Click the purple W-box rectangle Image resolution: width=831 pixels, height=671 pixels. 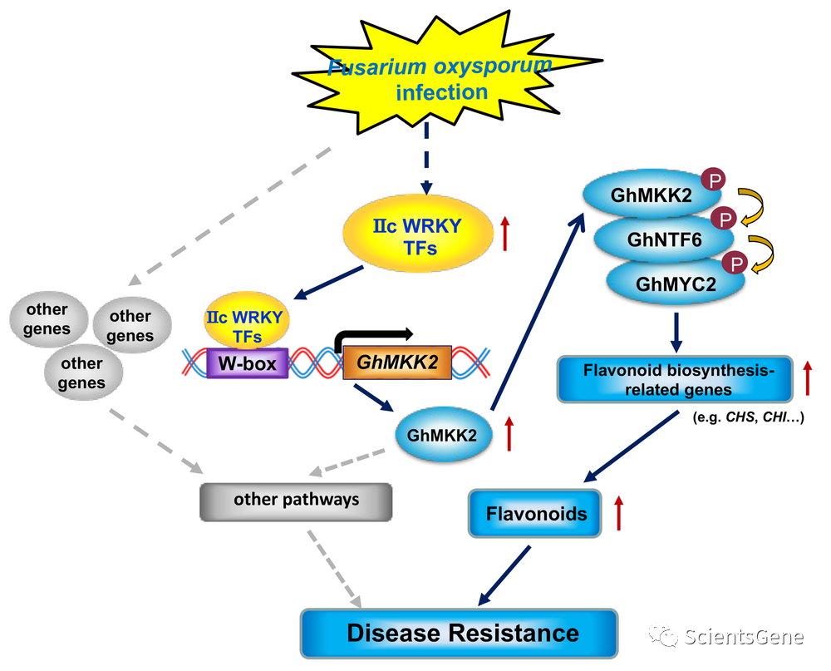tap(247, 363)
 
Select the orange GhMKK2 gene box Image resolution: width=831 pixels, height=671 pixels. tap(397, 363)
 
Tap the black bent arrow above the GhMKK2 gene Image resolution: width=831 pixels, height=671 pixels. tap(374, 335)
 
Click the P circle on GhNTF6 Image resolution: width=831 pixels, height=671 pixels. tap(725, 220)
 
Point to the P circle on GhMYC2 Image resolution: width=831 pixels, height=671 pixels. tap(735, 263)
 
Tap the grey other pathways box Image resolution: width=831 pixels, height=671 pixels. tap(296, 500)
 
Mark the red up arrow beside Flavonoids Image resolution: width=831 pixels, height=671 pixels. tap(617, 513)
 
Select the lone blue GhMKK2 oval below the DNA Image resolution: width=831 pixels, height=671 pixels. tap(442, 433)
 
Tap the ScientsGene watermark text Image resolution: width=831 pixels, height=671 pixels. tap(744, 638)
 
